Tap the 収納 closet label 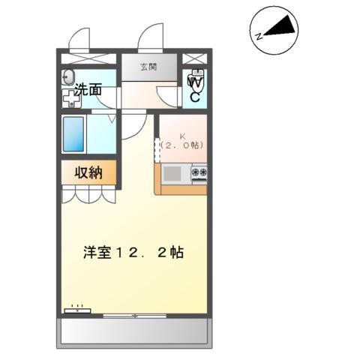pyautogui.click(x=89, y=172)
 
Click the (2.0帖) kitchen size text pyautogui.click(x=183, y=144)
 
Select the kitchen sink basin pyautogui.click(x=172, y=174)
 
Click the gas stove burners pyautogui.click(x=199, y=174)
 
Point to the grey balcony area pyautogui.click(x=135, y=331)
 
